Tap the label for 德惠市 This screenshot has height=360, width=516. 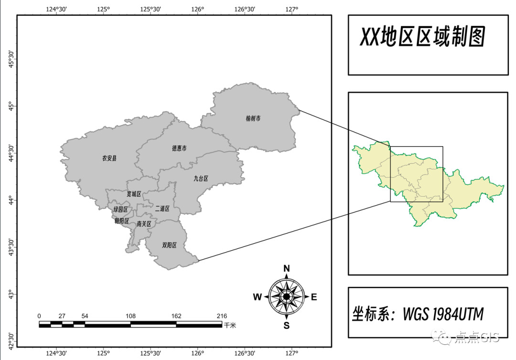tap(179, 148)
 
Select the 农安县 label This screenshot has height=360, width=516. tap(109, 158)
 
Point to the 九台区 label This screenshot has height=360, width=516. tap(201, 179)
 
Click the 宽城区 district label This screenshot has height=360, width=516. tap(134, 194)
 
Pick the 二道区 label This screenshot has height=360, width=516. tap(162, 209)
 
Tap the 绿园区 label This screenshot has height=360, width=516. tap(120, 210)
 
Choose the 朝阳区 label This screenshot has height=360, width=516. tap(121, 221)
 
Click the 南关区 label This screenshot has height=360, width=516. tap(144, 223)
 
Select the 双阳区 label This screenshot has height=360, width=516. tap(170, 245)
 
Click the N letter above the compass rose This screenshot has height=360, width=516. tap(287, 268)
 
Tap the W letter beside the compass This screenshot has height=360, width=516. tap(257, 297)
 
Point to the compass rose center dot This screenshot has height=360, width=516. tap(286, 296)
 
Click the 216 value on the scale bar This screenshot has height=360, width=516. tap(222, 316)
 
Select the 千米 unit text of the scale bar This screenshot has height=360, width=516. tap(230, 325)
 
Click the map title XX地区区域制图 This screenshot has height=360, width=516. tap(422, 37)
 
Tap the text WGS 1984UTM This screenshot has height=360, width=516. tap(443, 314)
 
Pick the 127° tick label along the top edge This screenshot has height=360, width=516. tap(292, 9)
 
